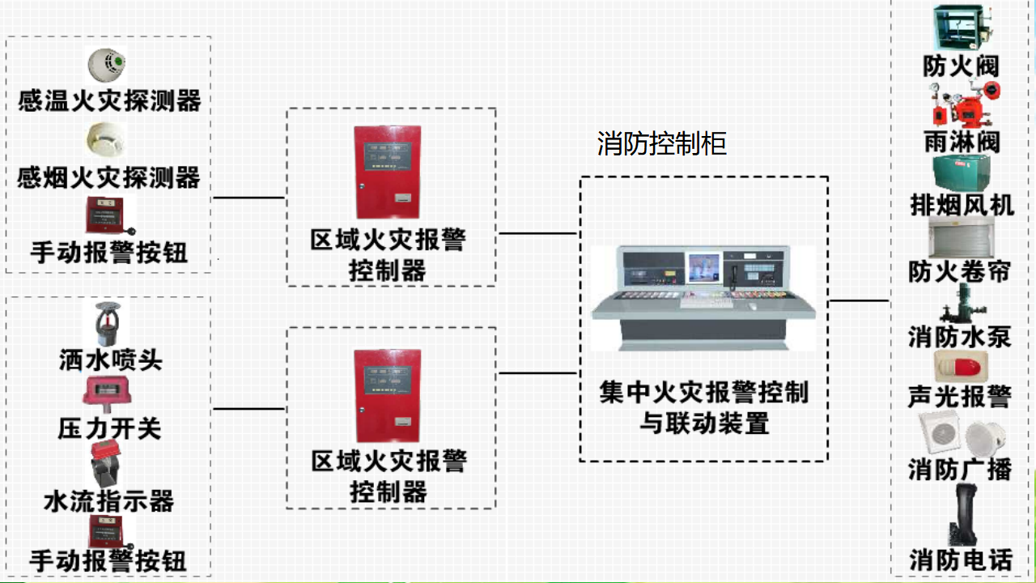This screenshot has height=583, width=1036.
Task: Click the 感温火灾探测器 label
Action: [109, 101]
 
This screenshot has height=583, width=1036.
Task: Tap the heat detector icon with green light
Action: [106, 64]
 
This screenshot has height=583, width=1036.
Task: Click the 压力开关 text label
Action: [109, 428]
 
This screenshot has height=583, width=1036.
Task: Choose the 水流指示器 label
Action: [109, 501]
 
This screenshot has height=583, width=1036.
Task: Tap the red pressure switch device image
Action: [107, 394]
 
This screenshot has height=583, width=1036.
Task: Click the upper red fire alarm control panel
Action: [388, 172]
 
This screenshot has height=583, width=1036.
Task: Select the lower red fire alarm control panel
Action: [388, 396]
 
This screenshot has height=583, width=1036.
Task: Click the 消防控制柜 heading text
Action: [661, 143]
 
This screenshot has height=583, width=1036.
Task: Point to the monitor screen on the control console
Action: [704, 267]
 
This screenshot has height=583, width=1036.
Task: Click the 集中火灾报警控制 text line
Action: [704, 393]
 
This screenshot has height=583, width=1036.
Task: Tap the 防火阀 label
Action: [961, 66]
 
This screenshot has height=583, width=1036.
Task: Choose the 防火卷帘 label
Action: [959, 271]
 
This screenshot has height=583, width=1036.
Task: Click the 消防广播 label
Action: [960, 470]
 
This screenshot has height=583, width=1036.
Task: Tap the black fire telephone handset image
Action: [962, 514]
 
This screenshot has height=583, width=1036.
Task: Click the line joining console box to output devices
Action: [859, 300]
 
